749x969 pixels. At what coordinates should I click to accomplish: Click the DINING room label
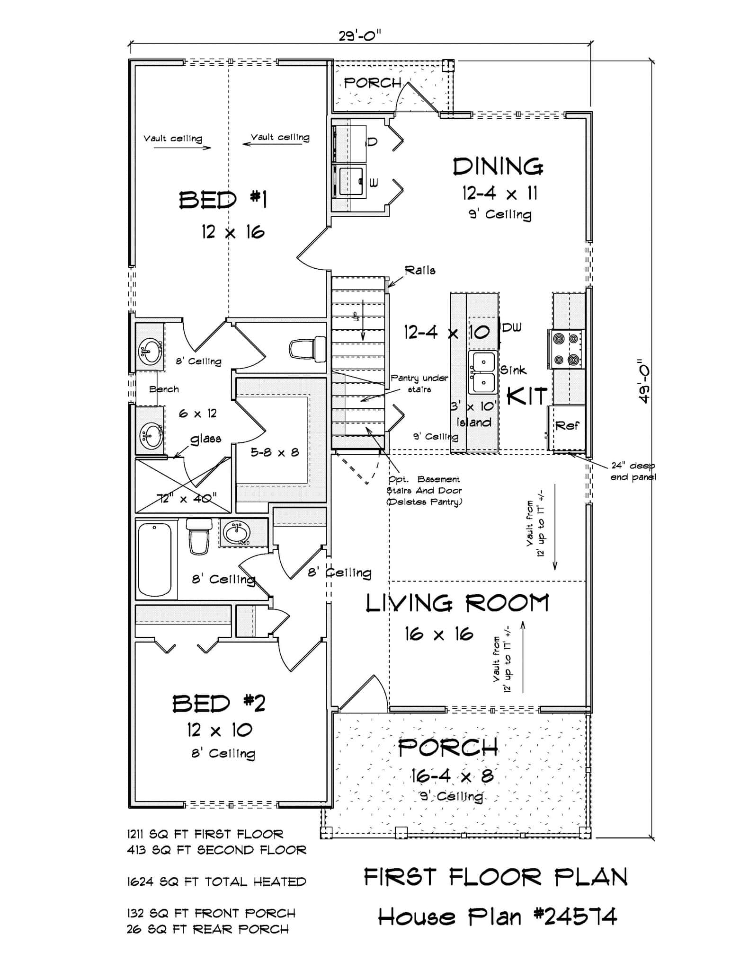coord(498,167)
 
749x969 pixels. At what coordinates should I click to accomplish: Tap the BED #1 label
coord(223,200)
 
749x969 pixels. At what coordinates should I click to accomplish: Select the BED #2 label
coord(218,704)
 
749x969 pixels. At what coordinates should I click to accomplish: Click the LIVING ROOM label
coord(457,604)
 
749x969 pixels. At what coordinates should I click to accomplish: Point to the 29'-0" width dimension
coord(360,35)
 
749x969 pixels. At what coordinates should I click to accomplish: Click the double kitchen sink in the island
coord(482,372)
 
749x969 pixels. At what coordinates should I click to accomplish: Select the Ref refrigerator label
coord(567,425)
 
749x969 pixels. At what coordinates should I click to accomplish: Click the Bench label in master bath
coord(164,389)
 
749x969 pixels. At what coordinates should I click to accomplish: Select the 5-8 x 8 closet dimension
coord(275,452)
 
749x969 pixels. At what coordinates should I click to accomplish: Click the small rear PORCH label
coord(373,83)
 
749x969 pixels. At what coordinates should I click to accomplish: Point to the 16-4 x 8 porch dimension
coord(452,775)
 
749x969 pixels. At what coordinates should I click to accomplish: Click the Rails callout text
coord(420,270)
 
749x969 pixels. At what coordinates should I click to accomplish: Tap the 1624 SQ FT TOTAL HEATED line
coord(216,881)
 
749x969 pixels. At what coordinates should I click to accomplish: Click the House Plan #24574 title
coord(497,917)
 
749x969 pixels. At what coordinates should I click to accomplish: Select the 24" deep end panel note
coord(633,471)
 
